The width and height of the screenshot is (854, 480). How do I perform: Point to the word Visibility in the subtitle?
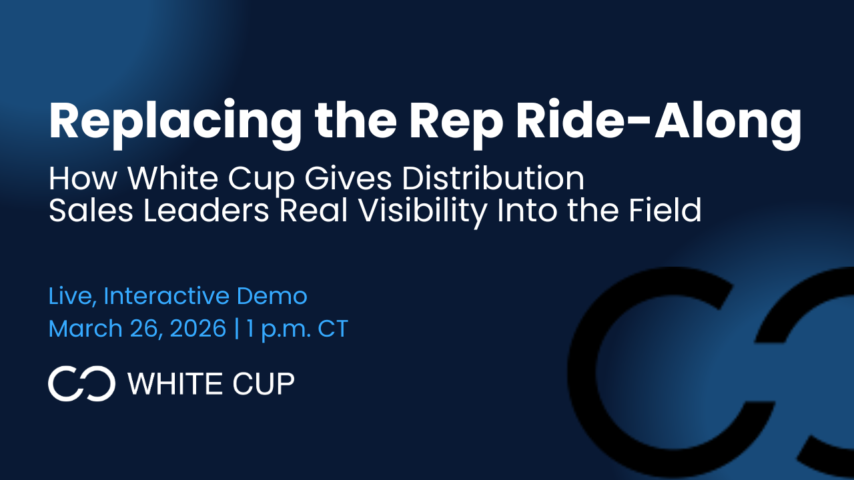423,211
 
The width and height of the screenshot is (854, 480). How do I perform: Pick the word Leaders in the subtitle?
206,210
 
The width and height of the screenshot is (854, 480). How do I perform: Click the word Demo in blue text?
272,296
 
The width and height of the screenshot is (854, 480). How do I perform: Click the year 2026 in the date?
198,329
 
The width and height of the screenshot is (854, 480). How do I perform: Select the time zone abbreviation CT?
333,329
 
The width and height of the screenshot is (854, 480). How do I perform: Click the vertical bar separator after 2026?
237,329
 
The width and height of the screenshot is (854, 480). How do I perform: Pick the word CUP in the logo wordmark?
264,383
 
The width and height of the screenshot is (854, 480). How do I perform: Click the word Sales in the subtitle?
91,210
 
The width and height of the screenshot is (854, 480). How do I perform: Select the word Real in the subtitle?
314,210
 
